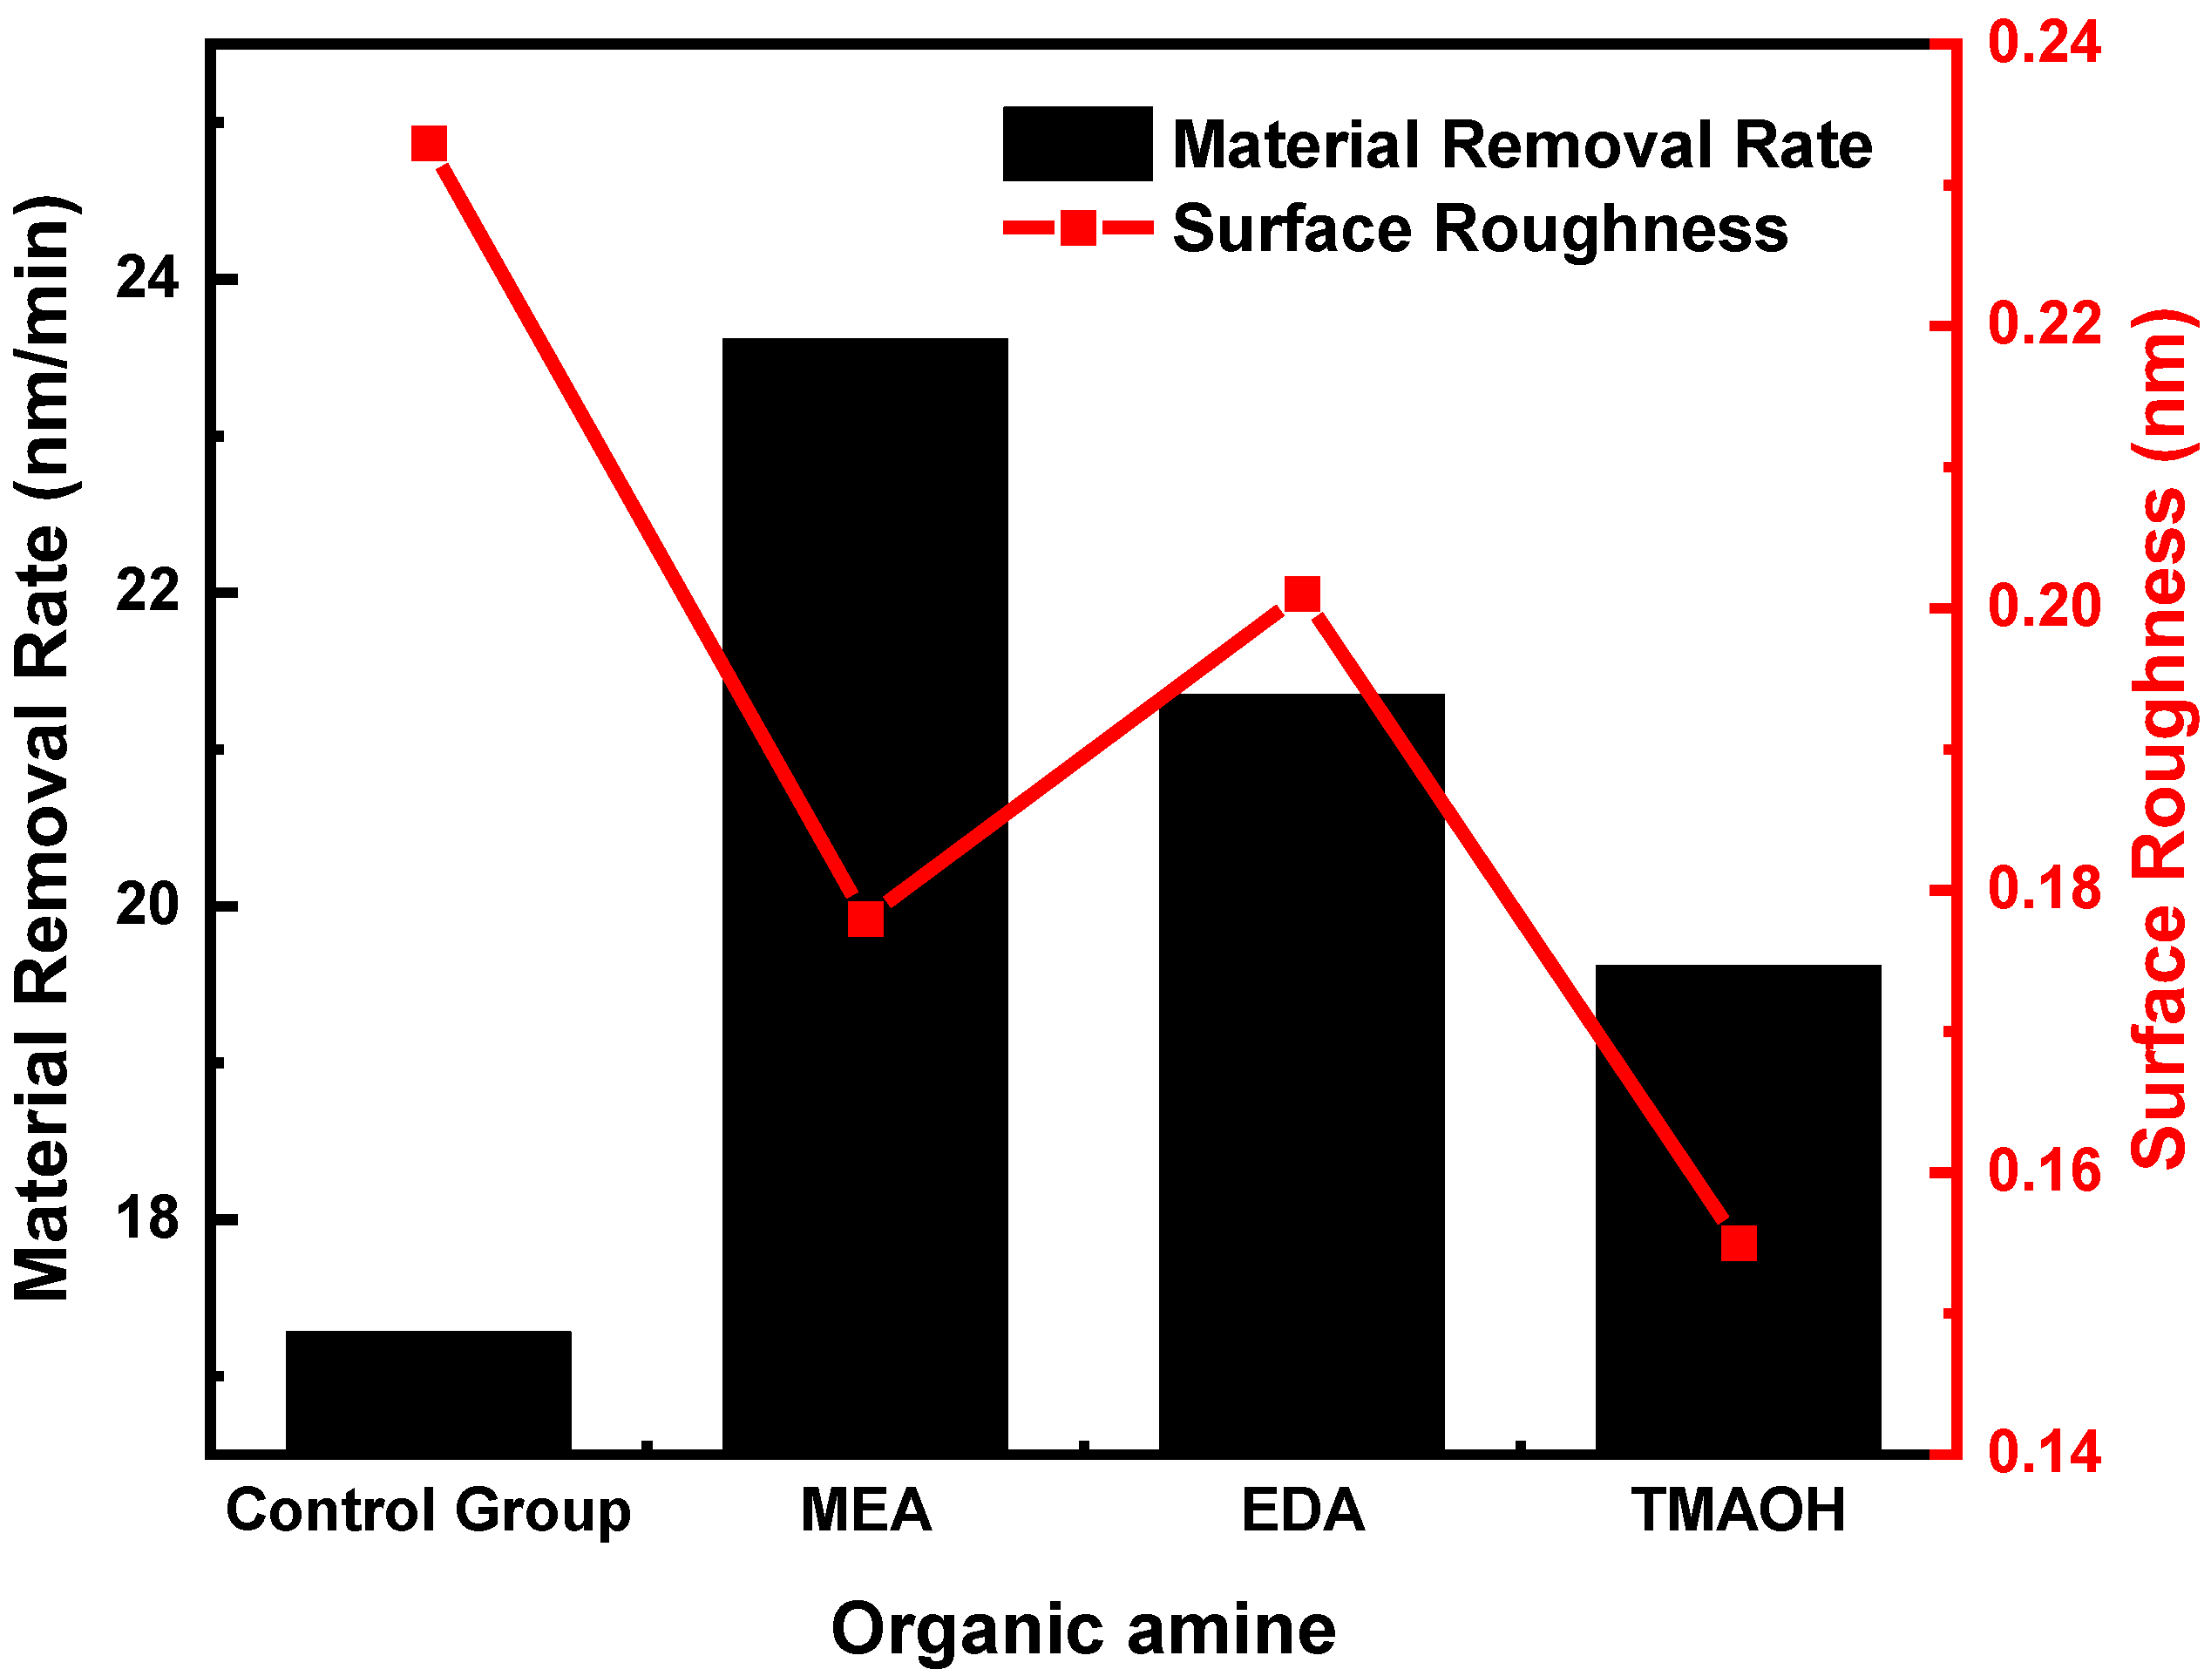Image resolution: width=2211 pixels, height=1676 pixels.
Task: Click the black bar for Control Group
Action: click(429, 1391)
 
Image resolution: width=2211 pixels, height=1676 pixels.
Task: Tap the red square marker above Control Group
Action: click(430, 144)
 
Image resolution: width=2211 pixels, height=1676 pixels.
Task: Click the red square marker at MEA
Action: click(865, 919)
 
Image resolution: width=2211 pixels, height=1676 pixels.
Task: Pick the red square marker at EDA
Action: click(1302, 594)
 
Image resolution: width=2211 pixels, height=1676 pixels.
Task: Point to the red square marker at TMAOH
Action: click(1740, 1243)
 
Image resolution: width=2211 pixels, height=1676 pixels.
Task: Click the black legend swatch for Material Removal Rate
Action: click(1077, 144)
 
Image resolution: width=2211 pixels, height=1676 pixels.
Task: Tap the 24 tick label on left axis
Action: click(147, 278)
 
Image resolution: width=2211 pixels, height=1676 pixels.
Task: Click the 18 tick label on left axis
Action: click(147, 1218)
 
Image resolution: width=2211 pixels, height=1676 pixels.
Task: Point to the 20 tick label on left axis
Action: click(147, 906)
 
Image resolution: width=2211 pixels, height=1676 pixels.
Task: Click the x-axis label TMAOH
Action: click(1740, 1510)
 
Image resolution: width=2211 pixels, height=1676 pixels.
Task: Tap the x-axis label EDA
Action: click(1302, 1510)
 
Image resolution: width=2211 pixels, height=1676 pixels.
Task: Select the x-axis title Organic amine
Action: click(1083, 1630)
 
